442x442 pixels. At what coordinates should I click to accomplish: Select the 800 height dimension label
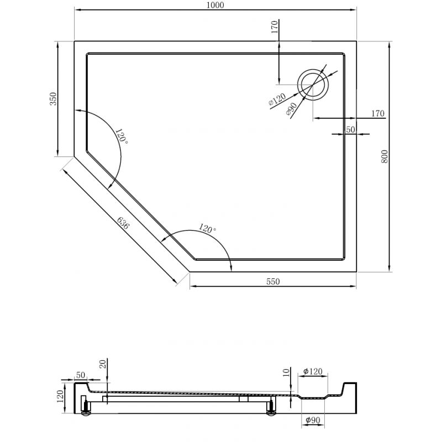[x=385, y=157]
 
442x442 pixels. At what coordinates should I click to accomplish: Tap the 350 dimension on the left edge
[x=53, y=99]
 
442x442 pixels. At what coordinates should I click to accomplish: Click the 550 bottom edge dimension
[x=273, y=281]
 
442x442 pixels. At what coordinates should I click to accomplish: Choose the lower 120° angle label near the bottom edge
[x=208, y=228]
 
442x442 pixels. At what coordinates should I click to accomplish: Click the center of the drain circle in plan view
[x=313, y=85]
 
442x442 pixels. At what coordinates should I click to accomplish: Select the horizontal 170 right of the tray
[x=377, y=114]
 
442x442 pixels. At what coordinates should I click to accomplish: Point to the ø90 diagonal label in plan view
[x=292, y=109]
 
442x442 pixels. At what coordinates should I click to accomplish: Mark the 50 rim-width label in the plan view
[x=350, y=129]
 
